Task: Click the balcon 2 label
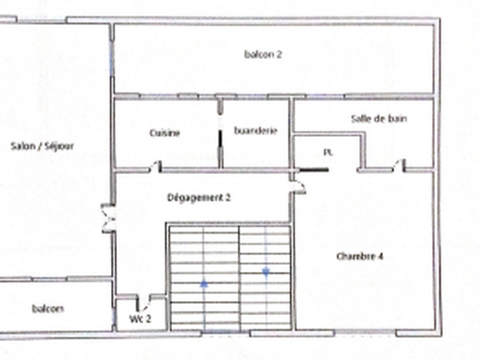click(x=263, y=54)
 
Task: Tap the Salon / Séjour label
click(x=42, y=146)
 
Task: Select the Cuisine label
click(x=164, y=133)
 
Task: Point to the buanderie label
click(x=256, y=131)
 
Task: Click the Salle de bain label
click(x=379, y=118)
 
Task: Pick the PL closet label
click(x=328, y=152)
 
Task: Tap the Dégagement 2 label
click(x=199, y=198)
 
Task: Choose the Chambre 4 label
click(x=359, y=256)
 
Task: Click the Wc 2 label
click(x=140, y=319)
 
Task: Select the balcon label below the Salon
click(x=48, y=308)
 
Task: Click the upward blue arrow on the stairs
click(x=204, y=284)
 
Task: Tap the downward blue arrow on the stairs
click(x=266, y=272)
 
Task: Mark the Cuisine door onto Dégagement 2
click(x=155, y=166)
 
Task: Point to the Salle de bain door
click(x=398, y=166)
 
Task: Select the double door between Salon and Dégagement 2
click(x=108, y=218)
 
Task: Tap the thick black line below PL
click(x=313, y=169)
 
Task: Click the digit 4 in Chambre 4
click(x=380, y=256)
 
